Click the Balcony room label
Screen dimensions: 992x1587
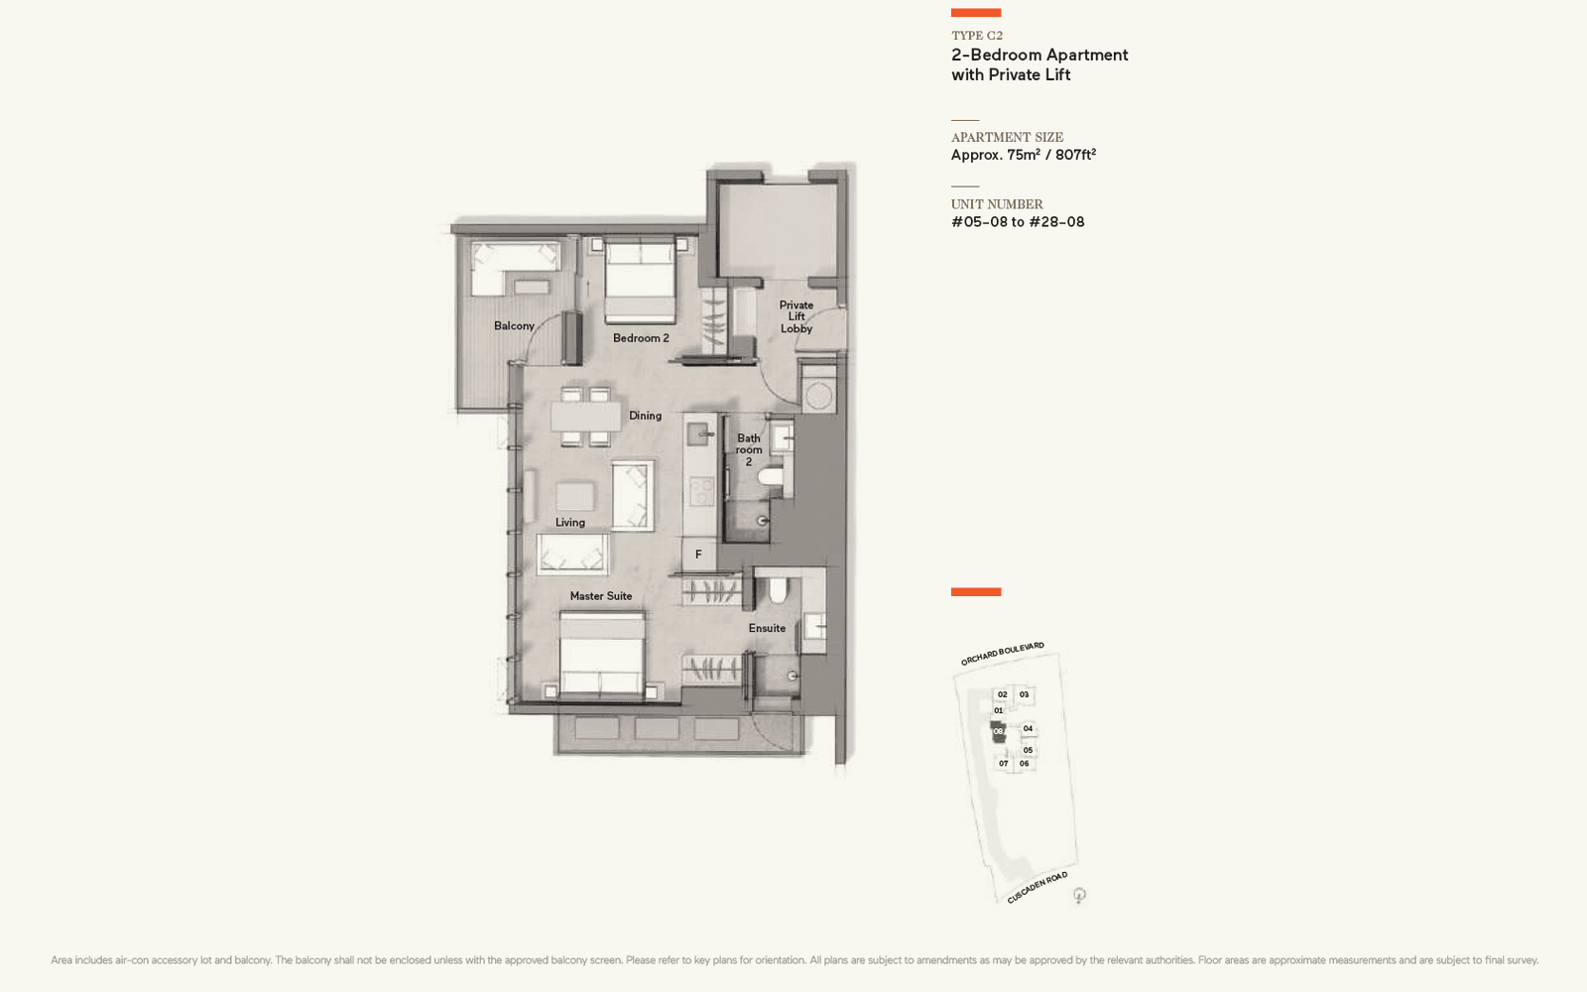pyautogui.click(x=514, y=326)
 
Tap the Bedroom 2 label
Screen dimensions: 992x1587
pyautogui.click(x=641, y=338)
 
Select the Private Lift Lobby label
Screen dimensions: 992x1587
pyautogui.click(x=796, y=317)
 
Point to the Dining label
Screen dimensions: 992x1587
pyautogui.click(x=645, y=416)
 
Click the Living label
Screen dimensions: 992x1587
pyautogui.click(x=570, y=523)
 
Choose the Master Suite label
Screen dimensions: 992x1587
pyautogui.click(x=601, y=596)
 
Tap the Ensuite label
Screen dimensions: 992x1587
pyautogui.click(x=767, y=628)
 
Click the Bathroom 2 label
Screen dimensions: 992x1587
pyautogui.click(x=749, y=449)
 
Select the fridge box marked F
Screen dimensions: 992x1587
pyautogui.click(x=698, y=555)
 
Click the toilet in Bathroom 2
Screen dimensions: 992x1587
pyautogui.click(x=771, y=478)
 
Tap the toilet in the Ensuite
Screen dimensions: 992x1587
pyautogui.click(x=778, y=592)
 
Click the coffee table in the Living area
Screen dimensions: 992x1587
pyautogui.click(x=575, y=496)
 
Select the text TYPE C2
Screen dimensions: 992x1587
pyautogui.click(x=977, y=36)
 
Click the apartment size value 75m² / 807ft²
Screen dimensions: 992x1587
pyautogui.click(x=1024, y=155)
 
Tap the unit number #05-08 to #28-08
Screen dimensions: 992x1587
pyautogui.click(x=1018, y=222)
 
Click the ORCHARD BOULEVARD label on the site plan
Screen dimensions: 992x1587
pyautogui.click(x=1002, y=654)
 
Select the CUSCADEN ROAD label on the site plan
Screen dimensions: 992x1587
pyautogui.click(x=1037, y=887)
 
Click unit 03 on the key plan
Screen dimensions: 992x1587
pyautogui.click(x=1025, y=694)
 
